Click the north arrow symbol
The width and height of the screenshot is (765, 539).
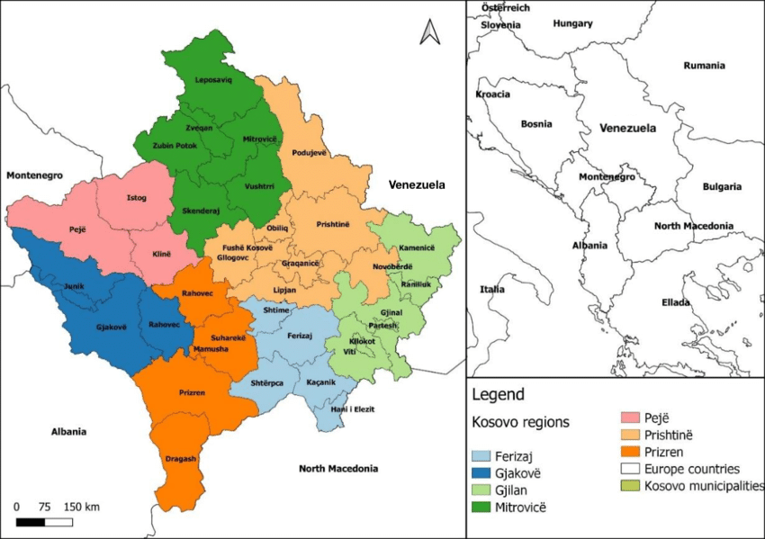tap(428, 33)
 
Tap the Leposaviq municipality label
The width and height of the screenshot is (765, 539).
tap(213, 80)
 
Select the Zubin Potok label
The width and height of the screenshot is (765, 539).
tap(174, 145)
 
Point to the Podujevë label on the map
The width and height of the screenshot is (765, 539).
tap(308, 154)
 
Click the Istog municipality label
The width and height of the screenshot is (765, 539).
tap(136, 198)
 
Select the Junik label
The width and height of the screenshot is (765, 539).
tap(74, 285)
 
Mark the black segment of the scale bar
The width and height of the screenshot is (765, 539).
tap(31, 522)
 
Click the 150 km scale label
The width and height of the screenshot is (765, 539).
tap(82, 507)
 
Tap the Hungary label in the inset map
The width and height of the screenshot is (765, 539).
tap(572, 23)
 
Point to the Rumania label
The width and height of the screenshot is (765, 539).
tap(704, 66)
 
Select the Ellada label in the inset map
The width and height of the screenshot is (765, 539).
tap(675, 302)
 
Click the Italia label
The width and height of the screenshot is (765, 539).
tap(491, 290)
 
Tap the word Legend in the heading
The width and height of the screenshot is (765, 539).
tap(498, 394)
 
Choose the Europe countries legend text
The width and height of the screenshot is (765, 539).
tap(692, 469)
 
